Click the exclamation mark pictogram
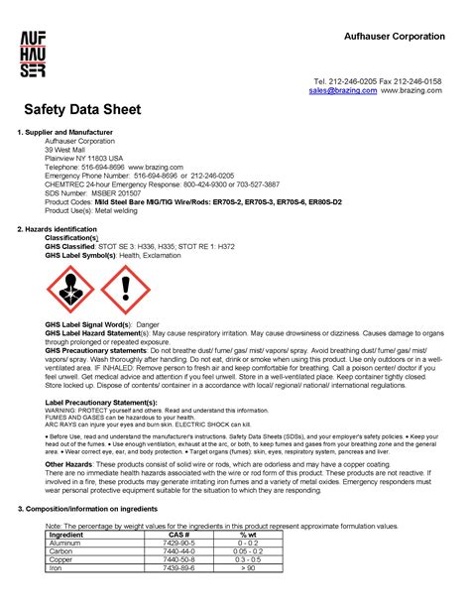click(124, 289)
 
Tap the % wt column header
click(248, 536)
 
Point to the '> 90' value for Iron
click(248, 567)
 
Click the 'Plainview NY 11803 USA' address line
click(84, 157)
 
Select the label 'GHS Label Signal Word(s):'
click(88, 324)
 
